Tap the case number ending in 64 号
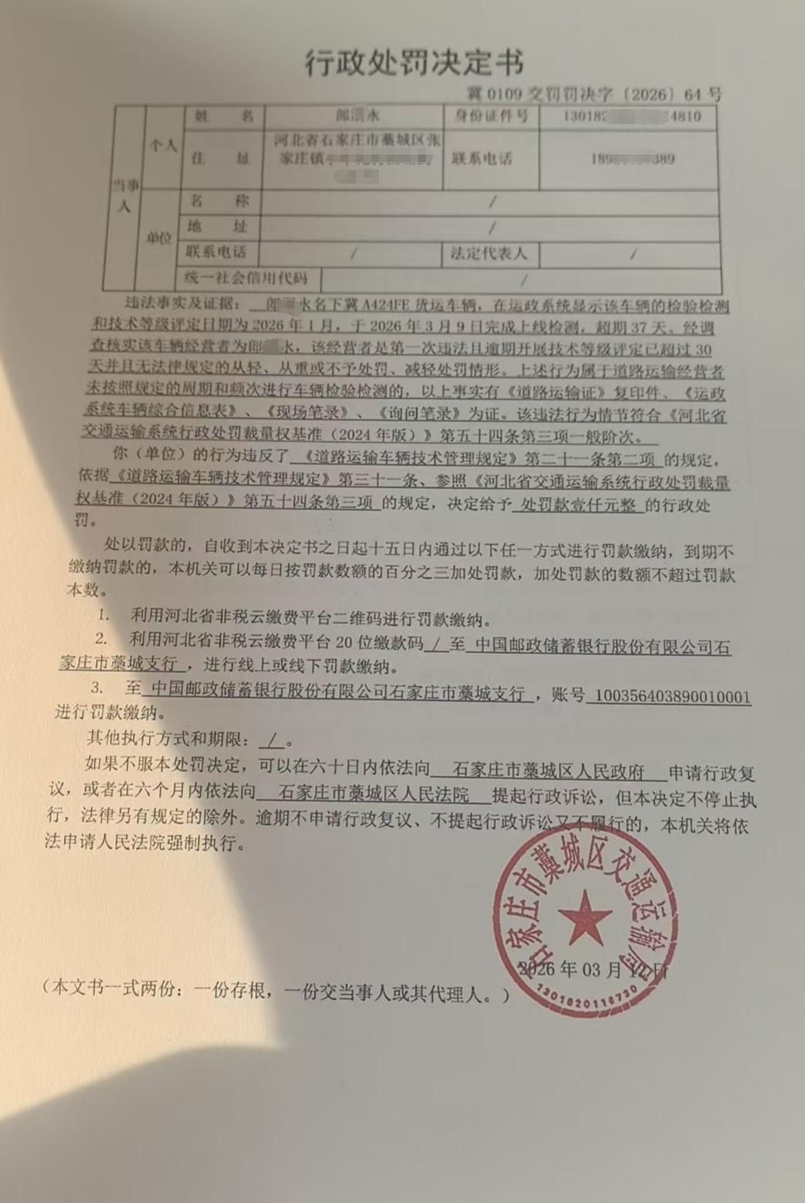pos(594,95)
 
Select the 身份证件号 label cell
pos(491,117)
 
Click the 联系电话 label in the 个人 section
pos(482,159)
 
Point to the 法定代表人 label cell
pos(489,253)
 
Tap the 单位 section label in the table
pos(160,238)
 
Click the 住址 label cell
pos(220,158)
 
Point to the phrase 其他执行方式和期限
pos(168,739)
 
